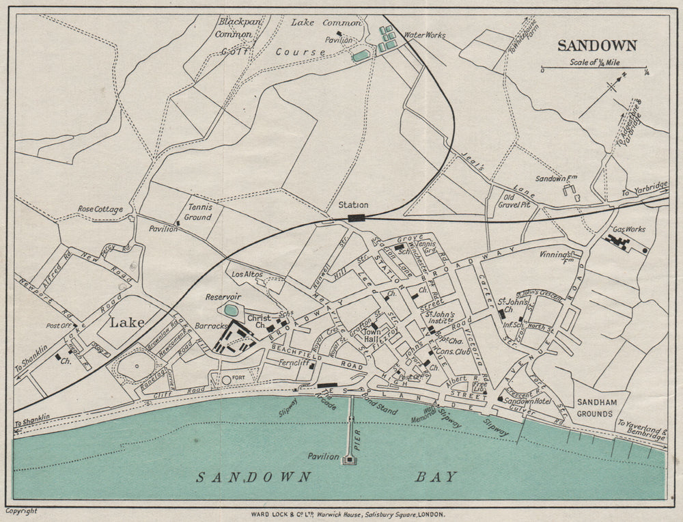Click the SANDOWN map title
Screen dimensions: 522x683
[597, 46]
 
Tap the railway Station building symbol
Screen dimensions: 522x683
[356, 218]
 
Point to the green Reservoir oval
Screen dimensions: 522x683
[232, 310]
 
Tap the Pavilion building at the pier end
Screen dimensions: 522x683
[348, 461]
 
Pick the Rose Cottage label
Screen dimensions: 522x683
[100, 209]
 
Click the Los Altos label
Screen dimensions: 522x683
[248, 275]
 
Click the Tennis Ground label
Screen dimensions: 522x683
[197, 212]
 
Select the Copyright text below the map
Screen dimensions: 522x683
[21, 511]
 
